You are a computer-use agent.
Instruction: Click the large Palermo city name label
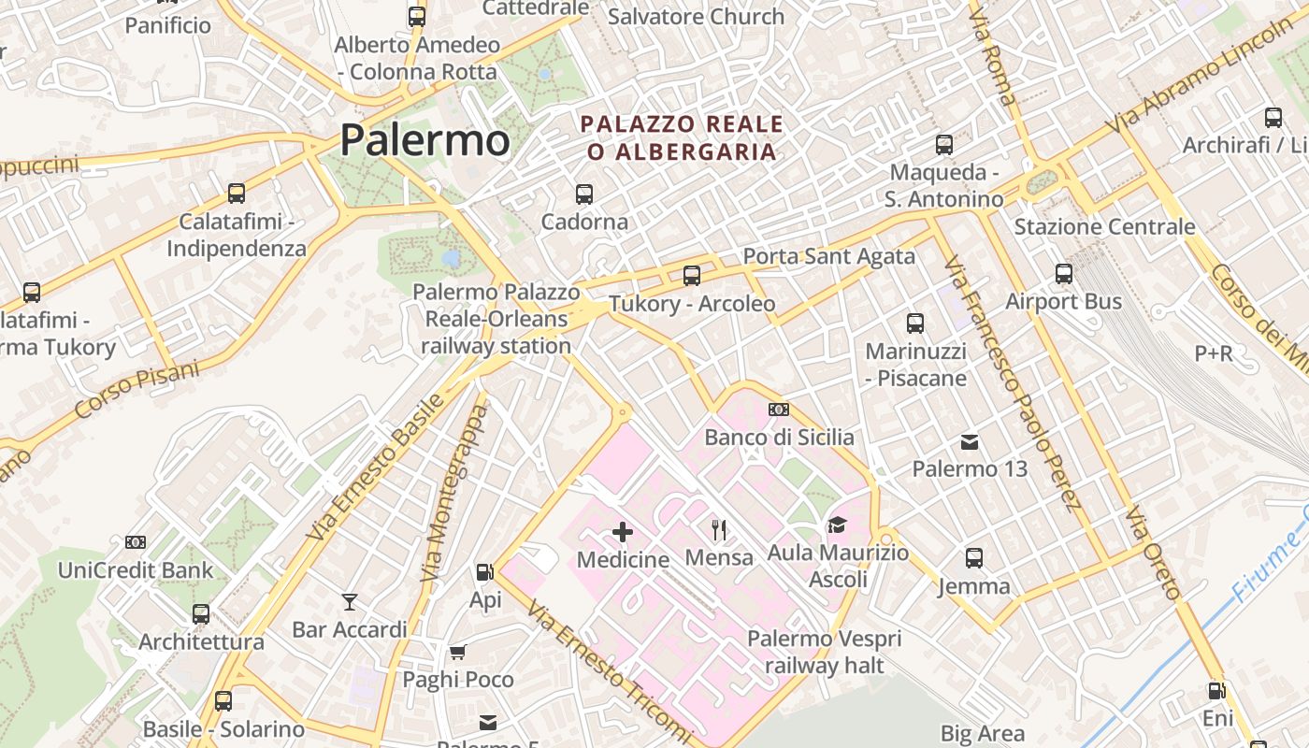click(424, 140)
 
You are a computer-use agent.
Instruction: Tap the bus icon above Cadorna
click(584, 194)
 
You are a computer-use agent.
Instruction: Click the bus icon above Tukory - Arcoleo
click(692, 275)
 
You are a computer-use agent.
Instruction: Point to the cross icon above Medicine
click(623, 532)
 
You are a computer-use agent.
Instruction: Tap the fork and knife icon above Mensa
click(719, 530)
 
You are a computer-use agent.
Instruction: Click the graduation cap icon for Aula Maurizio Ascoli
click(837, 525)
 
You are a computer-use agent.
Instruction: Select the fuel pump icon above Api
click(484, 572)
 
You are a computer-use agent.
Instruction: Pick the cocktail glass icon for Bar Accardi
click(350, 601)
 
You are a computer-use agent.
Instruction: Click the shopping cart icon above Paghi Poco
click(457, 652)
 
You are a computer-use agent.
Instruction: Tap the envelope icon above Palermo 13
click(970, 441)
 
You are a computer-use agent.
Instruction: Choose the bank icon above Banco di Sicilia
click(779, 410)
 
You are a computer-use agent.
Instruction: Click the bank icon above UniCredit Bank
click(136, 542)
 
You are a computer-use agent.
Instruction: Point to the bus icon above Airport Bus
click(1064, 274)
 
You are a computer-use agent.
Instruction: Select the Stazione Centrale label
click(1104, 226)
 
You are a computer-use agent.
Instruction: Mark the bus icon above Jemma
click(974, 558)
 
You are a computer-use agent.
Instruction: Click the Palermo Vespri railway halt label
click(824, 652)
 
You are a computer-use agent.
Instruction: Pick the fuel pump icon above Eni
click(1216, 691)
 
